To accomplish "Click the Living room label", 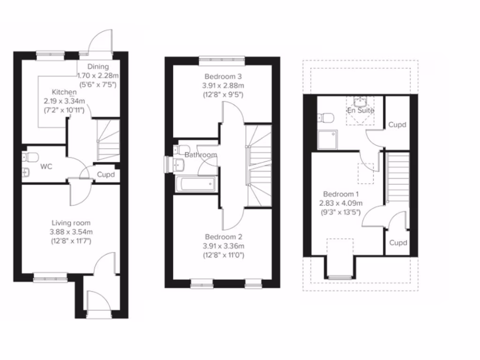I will [x=71, y=223].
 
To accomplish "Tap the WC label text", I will [x=45, y=166].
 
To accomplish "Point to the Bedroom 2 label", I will [x=223, y=237].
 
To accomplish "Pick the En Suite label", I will [x=360, y=111].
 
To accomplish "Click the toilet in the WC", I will [x=32, y=156].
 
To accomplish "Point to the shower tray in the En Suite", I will [x=327, y=140].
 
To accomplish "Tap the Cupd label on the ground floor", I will [x=106, y=175].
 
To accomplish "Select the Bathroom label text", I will [x=201, y=155].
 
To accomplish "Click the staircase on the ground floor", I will [x=108, y=140].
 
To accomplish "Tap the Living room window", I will [x=50, y=279].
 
